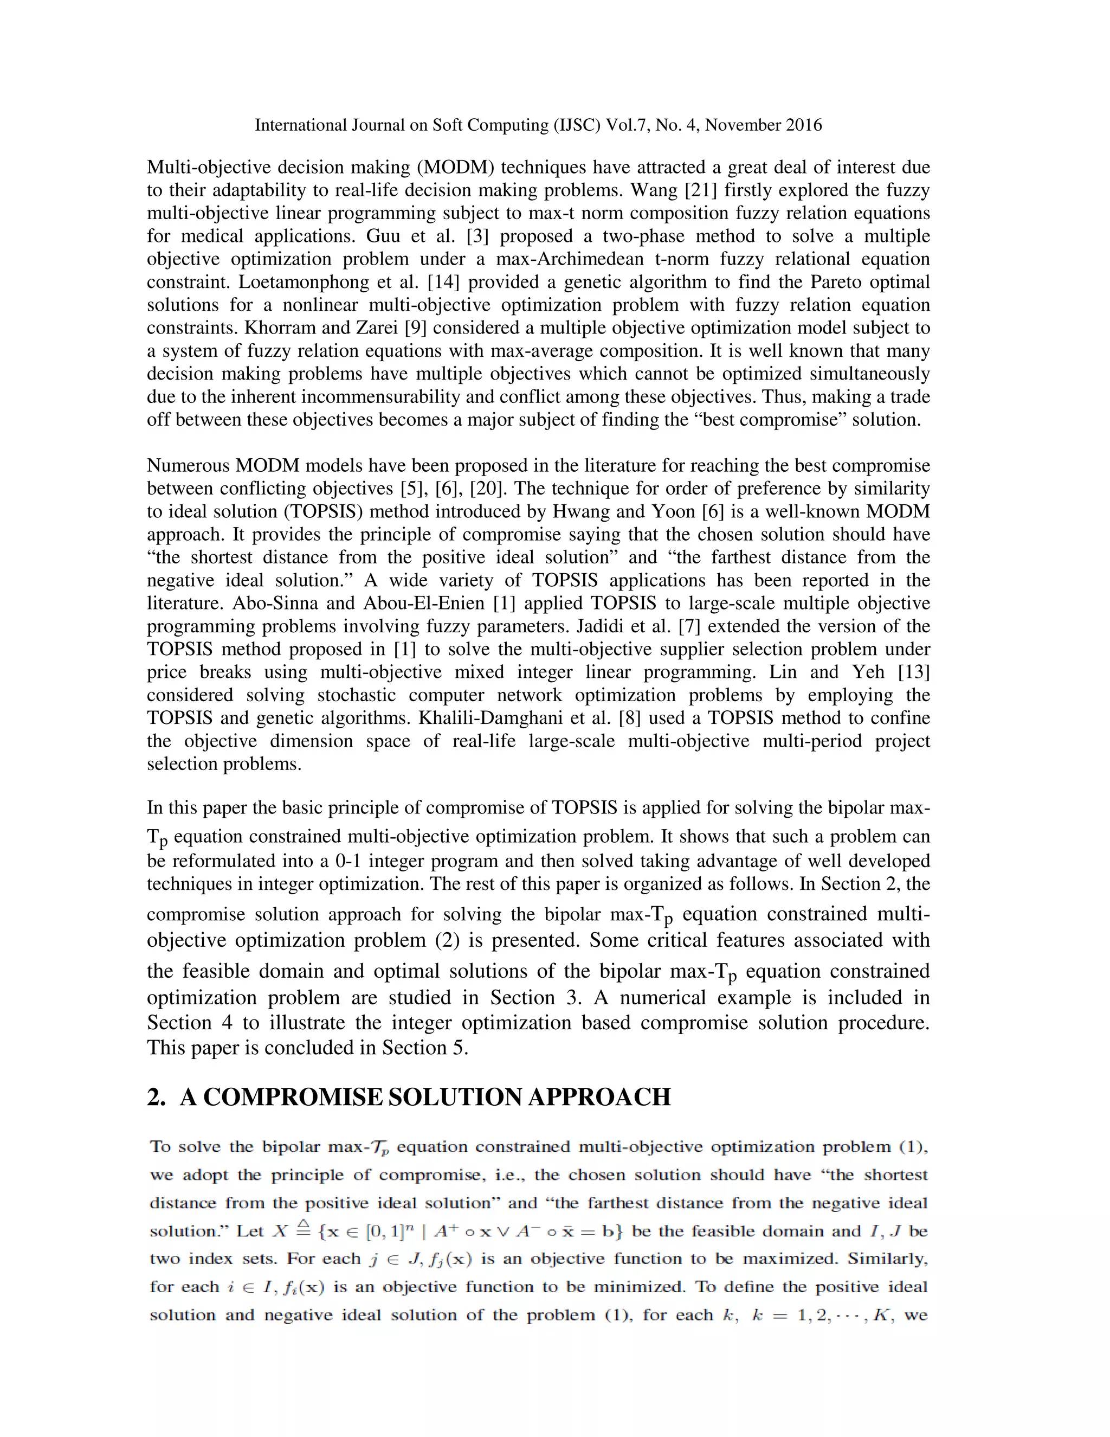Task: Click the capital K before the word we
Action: click(x=881, y=1316)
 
